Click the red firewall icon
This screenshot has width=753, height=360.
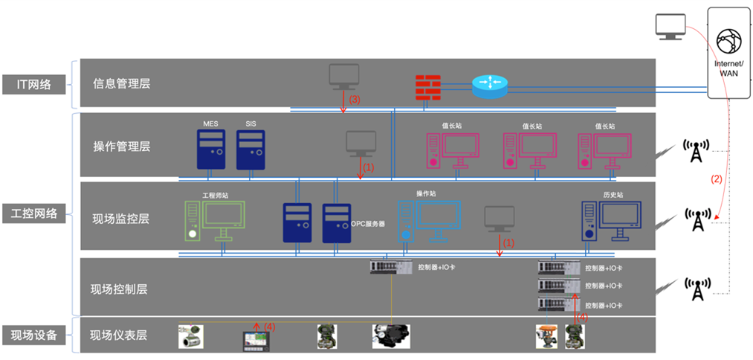click(x=428, y=87)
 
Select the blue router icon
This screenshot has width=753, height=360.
click(x=491, y=86)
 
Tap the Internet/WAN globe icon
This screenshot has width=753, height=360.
click(x=728, y=42)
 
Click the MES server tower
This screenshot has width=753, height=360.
click(x=211, y=149)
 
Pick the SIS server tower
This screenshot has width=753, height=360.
click(x=251, y=149)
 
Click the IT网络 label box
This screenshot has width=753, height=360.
click(x=34, y=84)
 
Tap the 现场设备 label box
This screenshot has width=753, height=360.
click(x=34, y=335)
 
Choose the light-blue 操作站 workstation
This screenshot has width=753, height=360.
click(x=427, y=221)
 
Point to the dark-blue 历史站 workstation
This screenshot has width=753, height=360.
click(x=610, y=221)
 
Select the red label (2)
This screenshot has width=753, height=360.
click(x=717, y=179)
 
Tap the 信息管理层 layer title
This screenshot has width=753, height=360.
click(x=121, y=84)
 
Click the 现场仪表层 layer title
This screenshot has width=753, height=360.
click(x=118, y=335)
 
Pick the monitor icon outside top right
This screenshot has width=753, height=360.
click(x=670, y=27)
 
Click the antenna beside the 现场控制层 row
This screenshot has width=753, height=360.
click(x=697, y=289)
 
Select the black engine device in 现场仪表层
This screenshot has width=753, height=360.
click(x=392, y=335)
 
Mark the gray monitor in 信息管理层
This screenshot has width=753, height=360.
click(x=344, y=77)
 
